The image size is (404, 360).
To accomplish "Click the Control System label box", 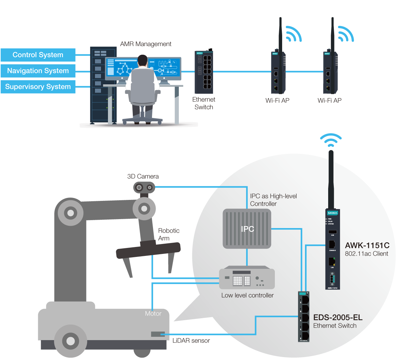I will point(38,55).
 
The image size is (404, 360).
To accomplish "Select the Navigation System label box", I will point(38,71).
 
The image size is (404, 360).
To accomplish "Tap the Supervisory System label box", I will point(38,87).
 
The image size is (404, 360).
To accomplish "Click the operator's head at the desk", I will point(142,61).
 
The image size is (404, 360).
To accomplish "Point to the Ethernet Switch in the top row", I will point(204,72).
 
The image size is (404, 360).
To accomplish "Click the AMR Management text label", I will point(146,44).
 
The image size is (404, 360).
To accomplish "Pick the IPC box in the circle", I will point(247,229).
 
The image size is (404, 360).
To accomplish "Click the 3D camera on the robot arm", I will point(144,188).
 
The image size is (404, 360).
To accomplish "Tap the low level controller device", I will point(247,278).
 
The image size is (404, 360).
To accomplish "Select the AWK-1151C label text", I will point(367,246).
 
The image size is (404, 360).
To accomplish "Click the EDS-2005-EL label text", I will point(338,318).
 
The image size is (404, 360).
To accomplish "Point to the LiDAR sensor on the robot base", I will point(158,334).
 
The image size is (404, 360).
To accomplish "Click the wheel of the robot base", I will point(70,340).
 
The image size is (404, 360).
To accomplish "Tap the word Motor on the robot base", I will point(153,314).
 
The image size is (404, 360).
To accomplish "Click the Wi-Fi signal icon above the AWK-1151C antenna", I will point(330,140).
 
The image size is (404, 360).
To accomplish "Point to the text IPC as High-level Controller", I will point(273,200).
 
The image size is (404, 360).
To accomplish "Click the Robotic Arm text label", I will point(169,234).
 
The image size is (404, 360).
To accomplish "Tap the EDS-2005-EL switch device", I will point(304,317).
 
